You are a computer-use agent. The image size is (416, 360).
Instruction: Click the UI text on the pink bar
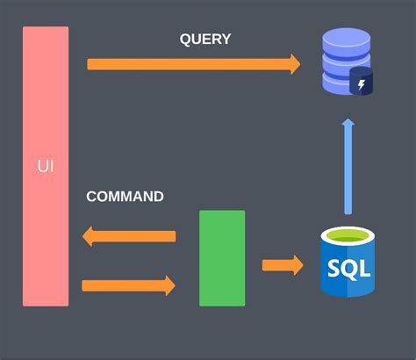click(45, 165)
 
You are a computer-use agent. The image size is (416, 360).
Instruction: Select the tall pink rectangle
click(45, 105)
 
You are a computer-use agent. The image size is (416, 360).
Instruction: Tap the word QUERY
click(205, 40)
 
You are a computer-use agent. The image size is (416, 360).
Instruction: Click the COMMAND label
click(125, 197)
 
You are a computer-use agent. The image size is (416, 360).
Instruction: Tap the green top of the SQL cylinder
click(348, 235)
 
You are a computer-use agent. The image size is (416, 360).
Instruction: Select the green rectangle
click(222, 258)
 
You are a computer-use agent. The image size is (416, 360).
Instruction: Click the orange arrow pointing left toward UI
click(132, 236)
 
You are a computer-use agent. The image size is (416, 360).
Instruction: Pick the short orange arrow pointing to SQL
click(282, 264)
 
